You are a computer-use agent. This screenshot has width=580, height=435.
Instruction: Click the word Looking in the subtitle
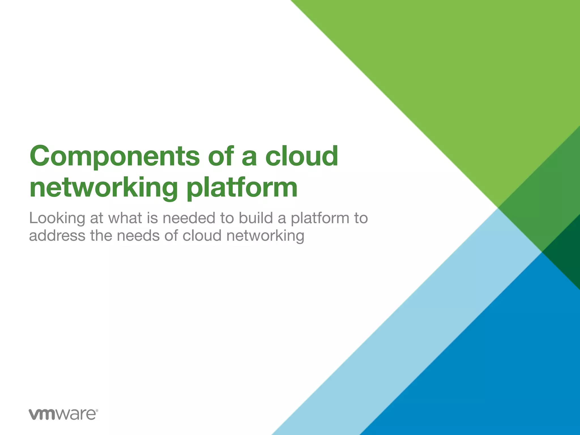click(57, 219)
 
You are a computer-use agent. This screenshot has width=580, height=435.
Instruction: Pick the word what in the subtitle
click(125, 218)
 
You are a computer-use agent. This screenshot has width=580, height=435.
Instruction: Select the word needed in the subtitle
click(189, 218)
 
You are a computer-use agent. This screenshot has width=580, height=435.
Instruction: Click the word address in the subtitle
click(57, 236)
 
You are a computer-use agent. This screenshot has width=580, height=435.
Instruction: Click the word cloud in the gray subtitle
click(202, 236)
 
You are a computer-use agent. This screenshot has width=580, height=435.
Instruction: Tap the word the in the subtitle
click(101, 236)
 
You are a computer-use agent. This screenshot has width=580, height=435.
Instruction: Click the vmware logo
click(63, 414)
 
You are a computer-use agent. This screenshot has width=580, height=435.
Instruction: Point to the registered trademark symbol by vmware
click(97, 410)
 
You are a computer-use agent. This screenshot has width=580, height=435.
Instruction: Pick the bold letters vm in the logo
click(42, 415)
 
